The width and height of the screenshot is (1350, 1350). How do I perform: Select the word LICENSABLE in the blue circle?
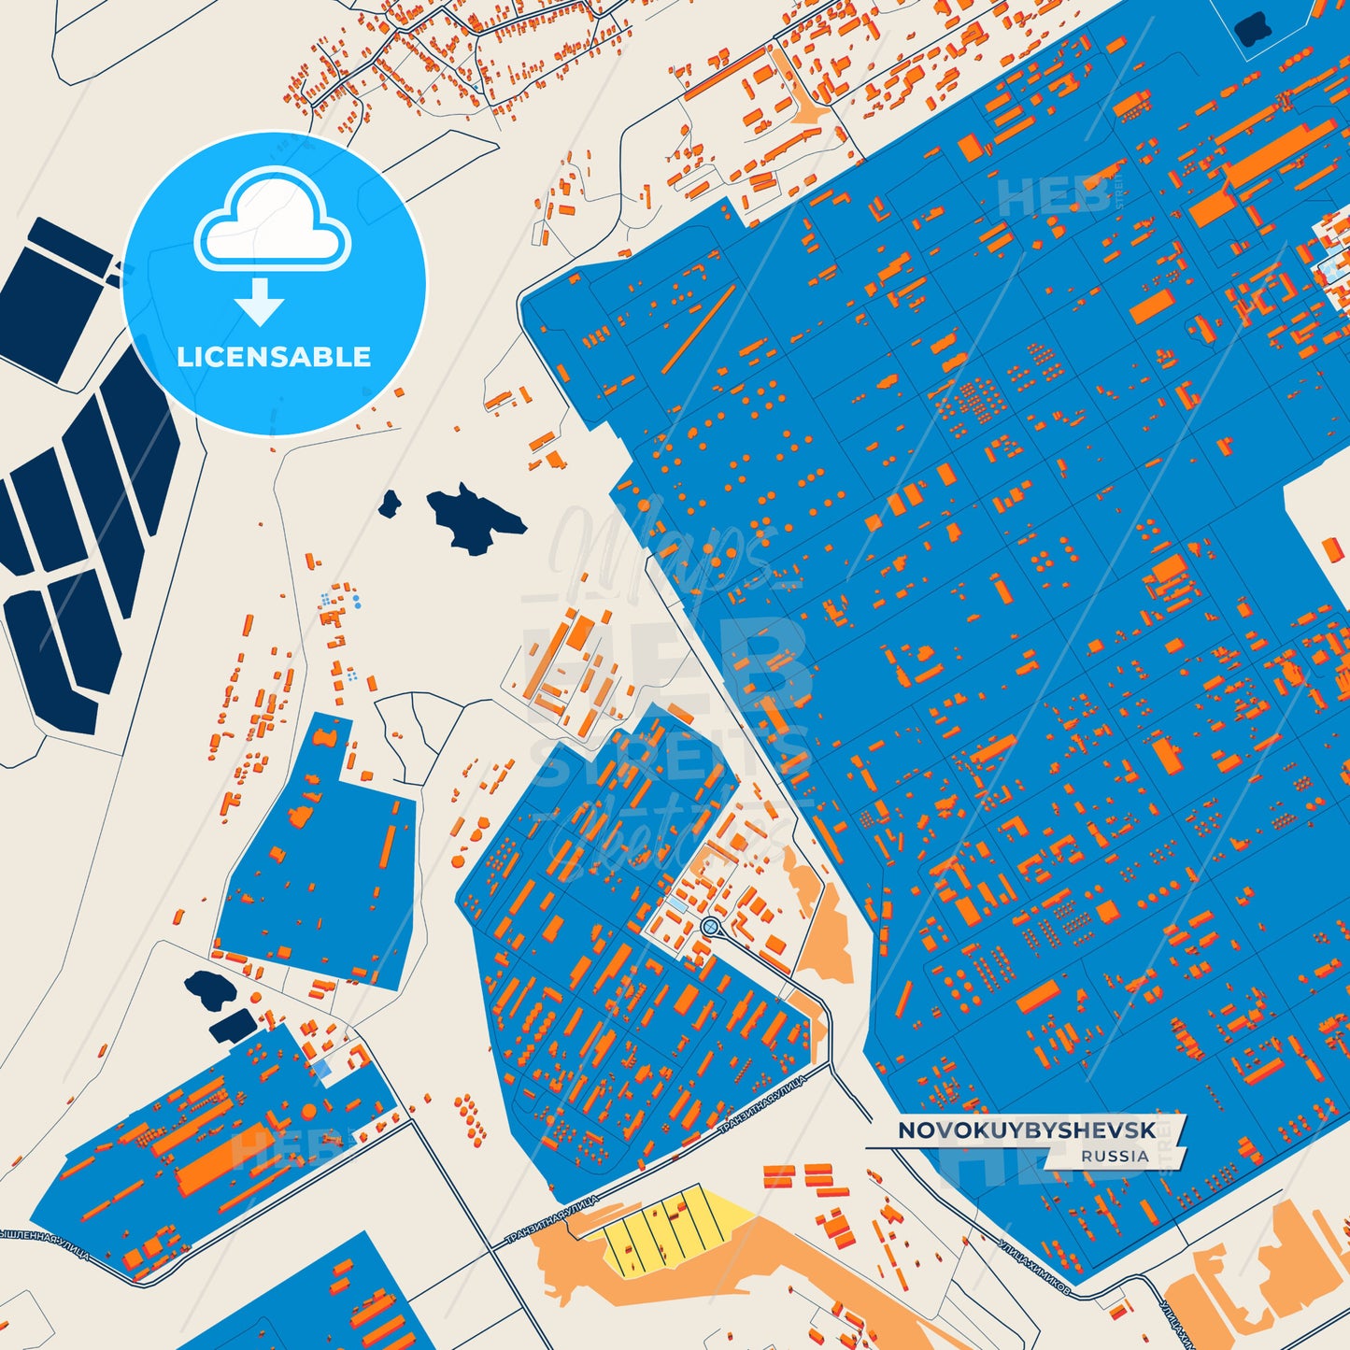coord(274,357)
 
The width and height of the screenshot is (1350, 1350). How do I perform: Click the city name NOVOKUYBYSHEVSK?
coord(1026,1130)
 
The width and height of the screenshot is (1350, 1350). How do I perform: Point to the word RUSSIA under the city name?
coord(1115,1156)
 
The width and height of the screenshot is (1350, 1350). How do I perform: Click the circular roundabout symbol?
coord(710,926)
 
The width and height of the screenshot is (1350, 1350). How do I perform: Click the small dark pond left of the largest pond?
coord(390,504)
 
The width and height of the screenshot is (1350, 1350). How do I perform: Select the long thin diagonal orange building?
coord(699,327)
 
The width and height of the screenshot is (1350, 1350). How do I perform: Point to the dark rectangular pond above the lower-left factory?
coord(232,1026)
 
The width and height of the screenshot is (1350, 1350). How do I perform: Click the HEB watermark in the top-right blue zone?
coord(1051,196)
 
